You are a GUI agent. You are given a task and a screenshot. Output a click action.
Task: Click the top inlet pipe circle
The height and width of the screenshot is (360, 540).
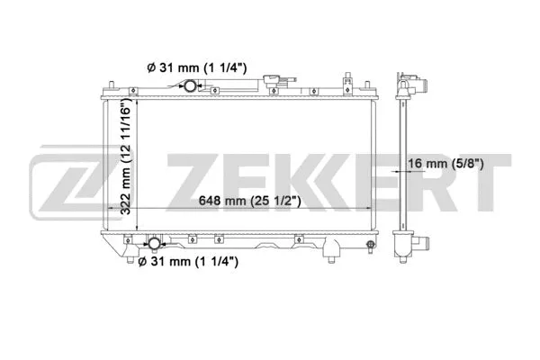point(190,87)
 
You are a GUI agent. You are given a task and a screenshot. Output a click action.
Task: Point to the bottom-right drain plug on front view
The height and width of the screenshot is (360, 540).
point(368,244)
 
